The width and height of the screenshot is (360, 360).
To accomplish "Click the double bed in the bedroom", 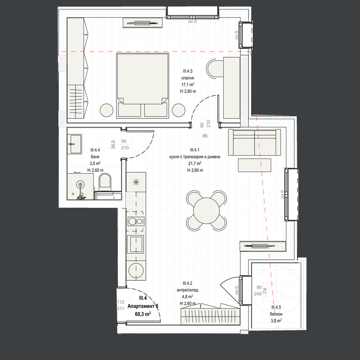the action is pos(142,86).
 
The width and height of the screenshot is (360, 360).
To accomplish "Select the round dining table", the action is pos(206,210).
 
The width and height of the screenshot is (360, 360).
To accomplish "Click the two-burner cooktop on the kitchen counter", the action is pos(136,222).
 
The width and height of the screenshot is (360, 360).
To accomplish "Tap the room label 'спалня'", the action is pos(188,78).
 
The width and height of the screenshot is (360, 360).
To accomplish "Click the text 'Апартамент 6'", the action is pos(143,306).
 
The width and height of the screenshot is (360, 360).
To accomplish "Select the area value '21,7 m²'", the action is pos(195,163).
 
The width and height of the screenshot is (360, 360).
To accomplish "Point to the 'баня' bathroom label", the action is pos(95,156).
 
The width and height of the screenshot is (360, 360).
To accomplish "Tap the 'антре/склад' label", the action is pos(187,290).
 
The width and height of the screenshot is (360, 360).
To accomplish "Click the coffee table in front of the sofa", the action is pos(254,165).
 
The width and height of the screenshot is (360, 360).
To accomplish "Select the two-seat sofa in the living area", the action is pos(254,142).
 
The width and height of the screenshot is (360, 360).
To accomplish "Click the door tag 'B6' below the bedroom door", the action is pos(205,136).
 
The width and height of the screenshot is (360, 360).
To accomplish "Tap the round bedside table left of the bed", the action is pos(106,110).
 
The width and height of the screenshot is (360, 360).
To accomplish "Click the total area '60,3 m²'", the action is pos(143,314).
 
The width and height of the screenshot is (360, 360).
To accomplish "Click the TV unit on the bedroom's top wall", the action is pos(142,23).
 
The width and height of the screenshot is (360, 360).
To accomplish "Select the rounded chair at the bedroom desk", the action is pos(215,68).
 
